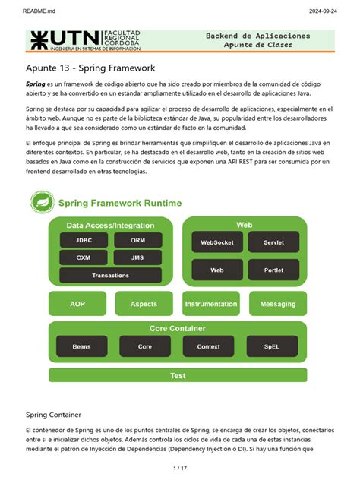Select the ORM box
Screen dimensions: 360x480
pos(137,240)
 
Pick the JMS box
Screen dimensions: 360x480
pos(137,257)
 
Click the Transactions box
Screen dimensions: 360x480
pos(110,275)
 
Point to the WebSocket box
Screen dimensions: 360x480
pos(217,242)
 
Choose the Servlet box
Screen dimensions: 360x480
pos(273,242)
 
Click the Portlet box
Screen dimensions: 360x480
pos(273,270)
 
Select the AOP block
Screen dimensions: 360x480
pos(77,304)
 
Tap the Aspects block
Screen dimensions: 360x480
pos(144,304)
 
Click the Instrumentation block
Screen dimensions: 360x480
pos(211,304)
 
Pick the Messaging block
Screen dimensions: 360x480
pos(278,304)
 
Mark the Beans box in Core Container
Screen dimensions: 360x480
pos(81,346)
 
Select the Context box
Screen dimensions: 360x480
pos(208,346)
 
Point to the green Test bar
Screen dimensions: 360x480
pos(178,375)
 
